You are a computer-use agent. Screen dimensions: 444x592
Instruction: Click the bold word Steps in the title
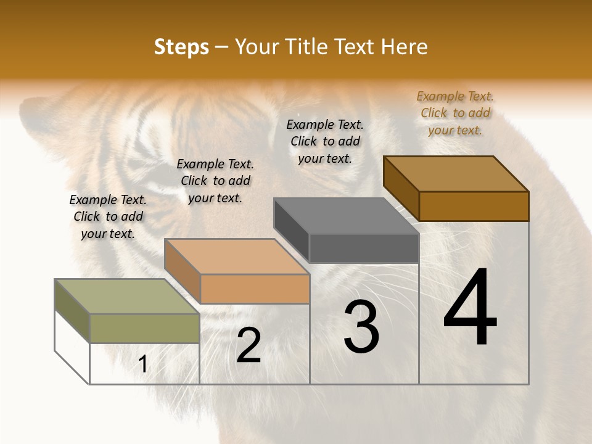181,47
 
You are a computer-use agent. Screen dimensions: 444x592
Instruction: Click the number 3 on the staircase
361,326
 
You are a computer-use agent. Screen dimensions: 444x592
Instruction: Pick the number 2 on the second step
249,345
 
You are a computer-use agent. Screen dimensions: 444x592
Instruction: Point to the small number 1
143,364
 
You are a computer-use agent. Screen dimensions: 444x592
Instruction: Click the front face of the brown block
474,207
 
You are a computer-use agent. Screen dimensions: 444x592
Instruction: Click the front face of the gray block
364,249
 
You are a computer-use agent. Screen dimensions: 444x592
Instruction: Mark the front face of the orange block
255,289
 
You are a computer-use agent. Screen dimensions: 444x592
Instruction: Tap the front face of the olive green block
145,328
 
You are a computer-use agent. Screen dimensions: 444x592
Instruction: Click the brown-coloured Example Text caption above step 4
455,113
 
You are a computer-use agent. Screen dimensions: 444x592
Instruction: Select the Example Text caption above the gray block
325,141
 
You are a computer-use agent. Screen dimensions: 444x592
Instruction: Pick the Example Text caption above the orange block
215,181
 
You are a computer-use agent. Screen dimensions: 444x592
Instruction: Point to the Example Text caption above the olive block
108,216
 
